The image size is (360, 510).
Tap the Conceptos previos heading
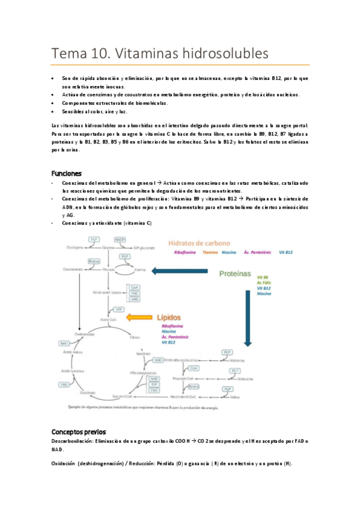pos(79,432)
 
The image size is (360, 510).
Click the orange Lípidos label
pos(170,316)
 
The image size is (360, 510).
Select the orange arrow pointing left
pos(135,317)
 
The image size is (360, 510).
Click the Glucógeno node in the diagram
pos(75,248)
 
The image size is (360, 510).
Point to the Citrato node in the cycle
pos(135,337)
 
